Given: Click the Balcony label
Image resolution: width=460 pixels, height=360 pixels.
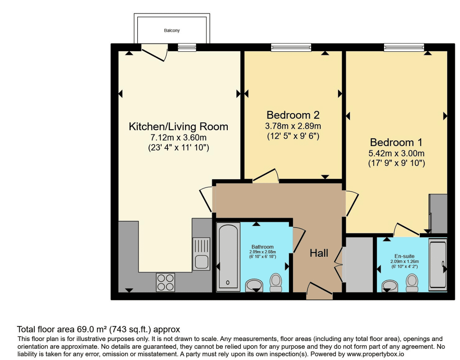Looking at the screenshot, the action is click(172, 30).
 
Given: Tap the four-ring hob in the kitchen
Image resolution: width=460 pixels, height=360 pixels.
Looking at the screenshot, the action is click(165, 282).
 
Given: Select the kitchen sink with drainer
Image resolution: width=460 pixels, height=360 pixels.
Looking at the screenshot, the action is click(201, 254).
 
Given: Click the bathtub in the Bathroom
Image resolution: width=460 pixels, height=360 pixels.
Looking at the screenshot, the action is click(228, 257).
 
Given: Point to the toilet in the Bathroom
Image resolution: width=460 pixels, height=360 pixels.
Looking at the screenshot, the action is click(276, 283).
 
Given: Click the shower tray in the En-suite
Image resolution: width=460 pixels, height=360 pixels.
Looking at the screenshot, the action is click(438, 265).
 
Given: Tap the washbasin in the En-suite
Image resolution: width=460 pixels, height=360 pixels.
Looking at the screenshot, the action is click(390, 286).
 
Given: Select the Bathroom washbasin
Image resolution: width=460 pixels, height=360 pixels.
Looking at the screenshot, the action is click(254, 285).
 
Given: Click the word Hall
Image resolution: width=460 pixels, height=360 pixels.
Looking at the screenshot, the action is click(319, 253).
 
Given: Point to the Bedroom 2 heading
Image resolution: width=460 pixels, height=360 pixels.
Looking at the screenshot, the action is click(293, 115).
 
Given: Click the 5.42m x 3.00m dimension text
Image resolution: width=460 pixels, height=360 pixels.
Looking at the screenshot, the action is click(396, 153).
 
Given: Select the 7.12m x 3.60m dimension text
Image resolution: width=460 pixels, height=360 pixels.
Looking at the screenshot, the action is click(179, 137).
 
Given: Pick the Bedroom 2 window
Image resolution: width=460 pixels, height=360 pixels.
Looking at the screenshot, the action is click(291, 48).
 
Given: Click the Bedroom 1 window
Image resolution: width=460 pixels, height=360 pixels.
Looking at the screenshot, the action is click(404, 48).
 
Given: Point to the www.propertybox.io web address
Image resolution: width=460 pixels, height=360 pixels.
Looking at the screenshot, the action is click(375, 354).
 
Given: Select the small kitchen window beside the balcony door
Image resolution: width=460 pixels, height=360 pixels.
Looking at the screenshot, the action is click(187, 48).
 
